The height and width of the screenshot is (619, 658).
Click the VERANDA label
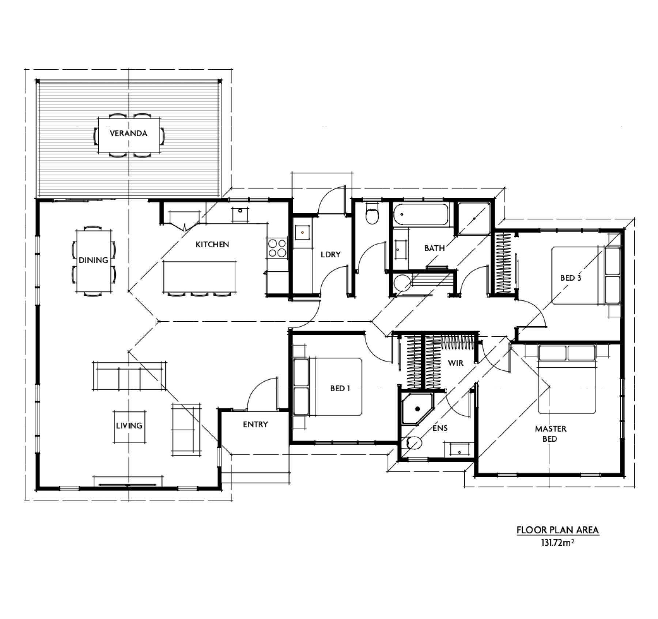point(128,133)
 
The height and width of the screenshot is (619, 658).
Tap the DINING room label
point(93,260)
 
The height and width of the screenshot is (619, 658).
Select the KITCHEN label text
point(212,244)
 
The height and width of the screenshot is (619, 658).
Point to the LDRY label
point(330,254)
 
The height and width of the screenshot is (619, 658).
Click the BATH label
point(434,248)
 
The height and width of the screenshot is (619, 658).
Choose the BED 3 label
point(571,278)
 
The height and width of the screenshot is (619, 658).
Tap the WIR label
point(455,363)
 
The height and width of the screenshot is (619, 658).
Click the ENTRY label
point(255,424)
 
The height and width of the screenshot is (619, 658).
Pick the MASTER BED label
point(550,434)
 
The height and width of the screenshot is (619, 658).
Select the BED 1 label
point(340,388)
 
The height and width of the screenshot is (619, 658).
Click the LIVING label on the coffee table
point(129,426)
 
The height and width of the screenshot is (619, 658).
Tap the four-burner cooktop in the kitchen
point(277,248)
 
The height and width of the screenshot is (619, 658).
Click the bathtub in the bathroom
point(421,215)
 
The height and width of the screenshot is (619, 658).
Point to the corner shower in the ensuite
point(416,409)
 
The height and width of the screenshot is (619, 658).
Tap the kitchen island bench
point(199,276)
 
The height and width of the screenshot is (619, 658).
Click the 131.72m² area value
point(557,543)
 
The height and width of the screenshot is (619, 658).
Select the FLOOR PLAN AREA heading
point(557,530)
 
